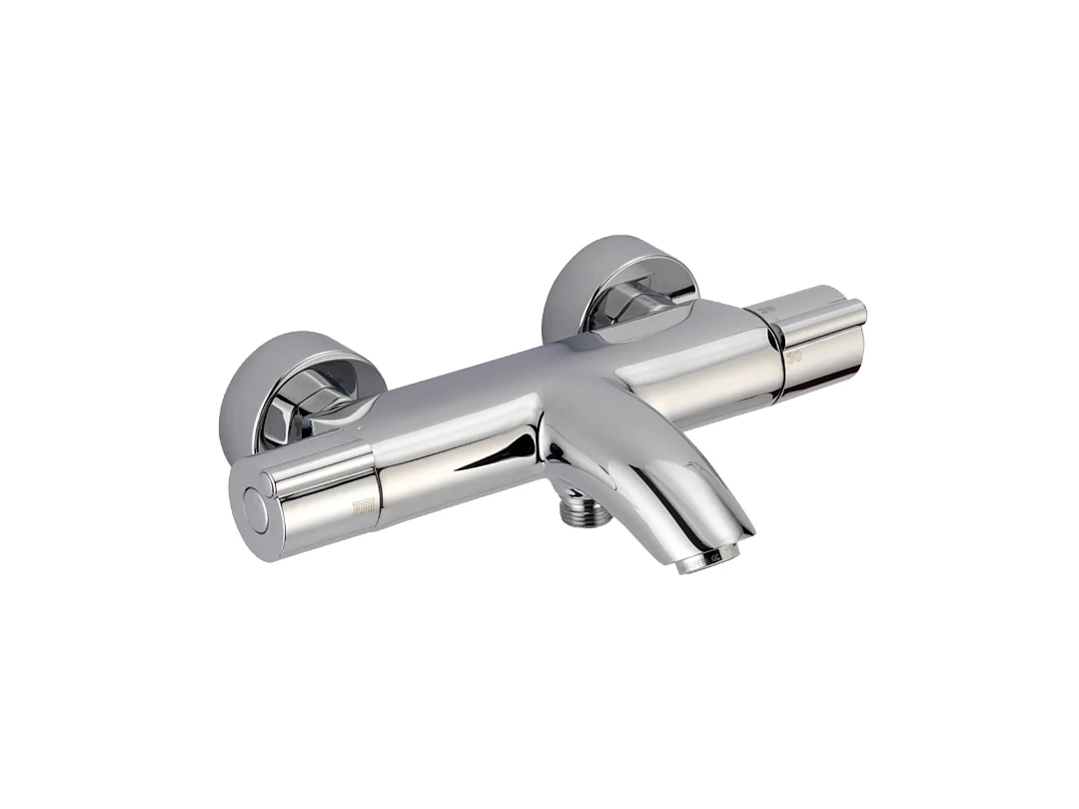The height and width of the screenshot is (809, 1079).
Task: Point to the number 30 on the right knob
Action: click(x=794, y=356)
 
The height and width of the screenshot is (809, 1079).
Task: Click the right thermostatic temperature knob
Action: click(x=819, y=345)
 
